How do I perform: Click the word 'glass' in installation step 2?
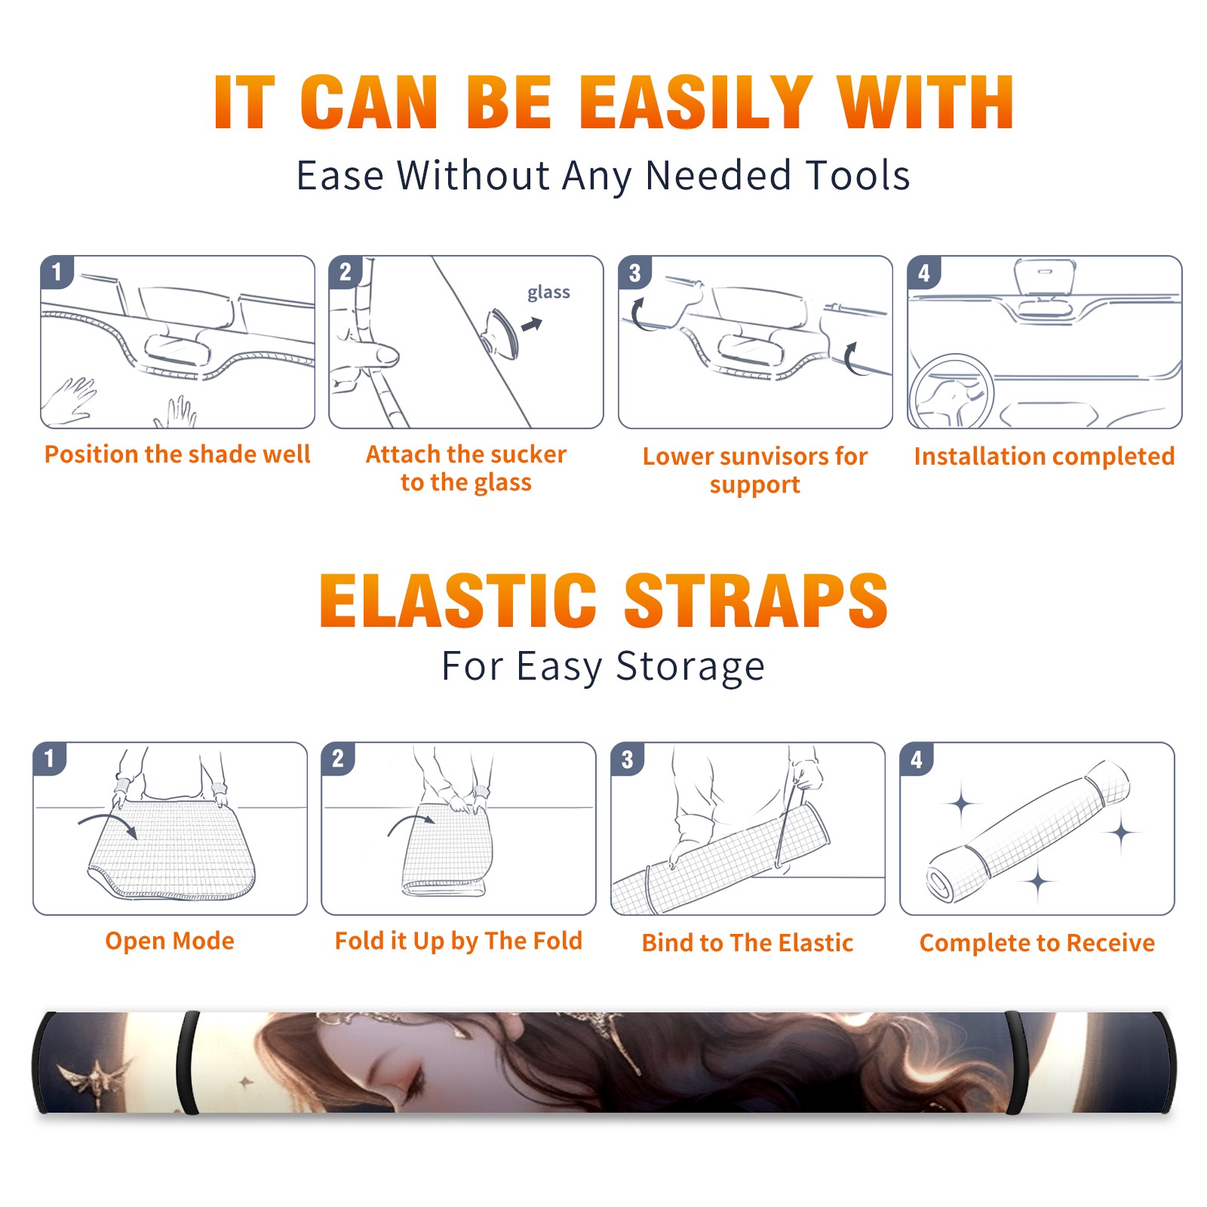click(x=548, y=293)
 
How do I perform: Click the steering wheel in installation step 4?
click(x=951, y=392)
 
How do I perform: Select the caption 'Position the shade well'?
click(x=177, y=454)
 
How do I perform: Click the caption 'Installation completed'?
click(x=1044, y=456)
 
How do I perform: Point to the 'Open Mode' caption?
click(x=170, y=941)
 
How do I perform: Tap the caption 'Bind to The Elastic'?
click(x=748, y=942)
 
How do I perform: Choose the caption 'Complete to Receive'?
click(x=1037, y=943)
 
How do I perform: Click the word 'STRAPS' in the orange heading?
click(x=756, y=600)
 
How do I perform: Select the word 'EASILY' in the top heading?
click(x=696, y=103)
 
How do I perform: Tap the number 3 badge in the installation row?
click(x=634, y=272)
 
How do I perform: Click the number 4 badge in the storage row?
click(x=917, y=759)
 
